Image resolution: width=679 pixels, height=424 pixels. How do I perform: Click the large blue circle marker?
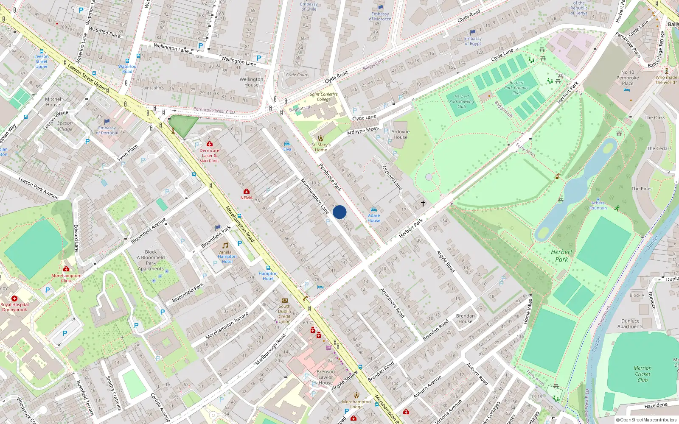tap(339, 212)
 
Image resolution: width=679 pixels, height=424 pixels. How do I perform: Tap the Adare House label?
tap(374, 218)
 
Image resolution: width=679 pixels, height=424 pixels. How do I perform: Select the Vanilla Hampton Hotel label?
tap(227, 257)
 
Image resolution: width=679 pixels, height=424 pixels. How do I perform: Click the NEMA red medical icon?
tap(246, 192)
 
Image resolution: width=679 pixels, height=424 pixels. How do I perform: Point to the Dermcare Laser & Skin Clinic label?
tap(209, 155)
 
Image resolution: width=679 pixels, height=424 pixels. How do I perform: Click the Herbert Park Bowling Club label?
tap(462, 101)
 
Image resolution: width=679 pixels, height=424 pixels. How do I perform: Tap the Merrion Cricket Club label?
tap(643, 374)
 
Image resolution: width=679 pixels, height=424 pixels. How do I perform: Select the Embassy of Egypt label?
tap(473, 41)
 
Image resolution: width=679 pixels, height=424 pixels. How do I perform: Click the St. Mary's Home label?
tap(321, 147)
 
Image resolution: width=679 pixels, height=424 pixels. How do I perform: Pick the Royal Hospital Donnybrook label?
tap(14, 307)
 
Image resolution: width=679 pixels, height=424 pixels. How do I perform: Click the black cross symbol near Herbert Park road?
tap(423, 204)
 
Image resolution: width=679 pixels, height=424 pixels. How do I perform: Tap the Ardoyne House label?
tap(400, 134)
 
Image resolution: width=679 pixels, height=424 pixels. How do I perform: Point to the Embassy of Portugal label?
tap(107, 130)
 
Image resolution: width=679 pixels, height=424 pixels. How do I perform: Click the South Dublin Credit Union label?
tap(285, 314)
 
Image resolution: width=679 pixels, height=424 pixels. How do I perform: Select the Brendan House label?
tap(465, 318)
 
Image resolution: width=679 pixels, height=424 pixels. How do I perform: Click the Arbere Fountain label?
tap(599, 205)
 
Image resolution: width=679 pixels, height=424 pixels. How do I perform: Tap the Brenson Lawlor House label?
tap(325, 377)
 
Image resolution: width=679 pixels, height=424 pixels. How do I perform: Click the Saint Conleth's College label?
tap(324, 97)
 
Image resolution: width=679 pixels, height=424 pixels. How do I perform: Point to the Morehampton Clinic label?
tap(66, 278)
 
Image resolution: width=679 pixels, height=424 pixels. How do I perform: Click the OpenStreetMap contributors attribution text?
tap(646, 420)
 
